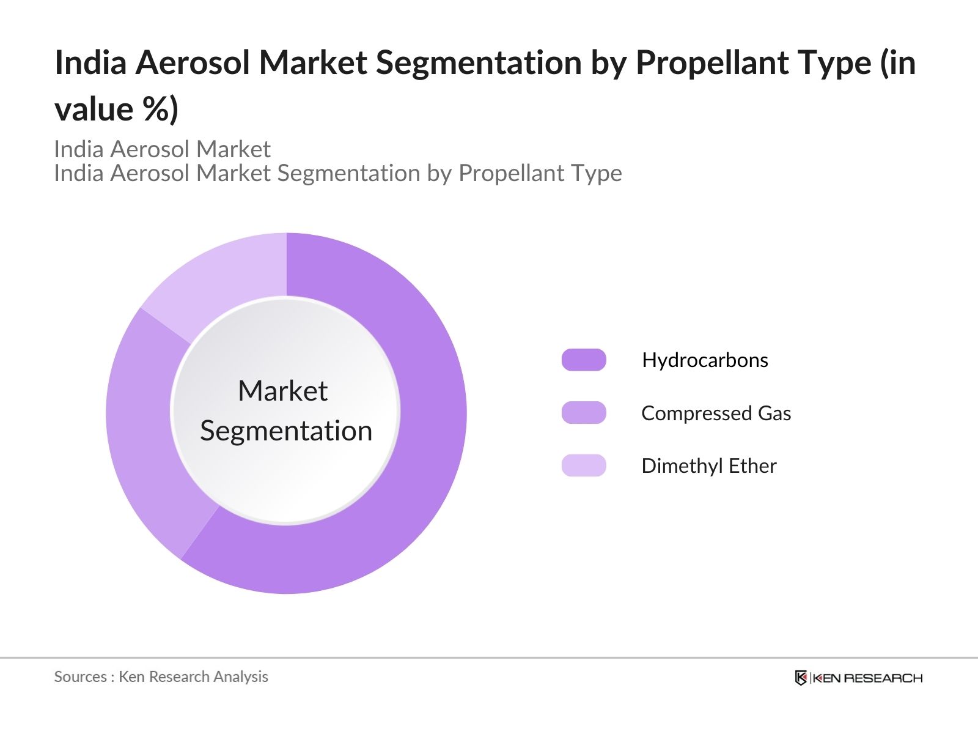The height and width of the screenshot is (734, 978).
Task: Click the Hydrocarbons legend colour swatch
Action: pyautogui.click(x=584, y=360)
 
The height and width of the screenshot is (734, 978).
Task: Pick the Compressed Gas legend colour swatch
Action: pyautogui.click(x=584, y=413)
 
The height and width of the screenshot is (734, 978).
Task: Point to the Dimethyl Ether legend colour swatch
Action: pyautogui.click(x=584, y=465)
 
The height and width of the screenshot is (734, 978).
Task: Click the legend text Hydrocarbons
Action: pyautogui.click(x=705, y=360)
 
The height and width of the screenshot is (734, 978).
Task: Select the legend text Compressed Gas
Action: pyautogui.click(x=716, y=413)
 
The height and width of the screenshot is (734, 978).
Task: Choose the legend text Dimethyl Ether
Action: pyautogui.click(x=708, y=466)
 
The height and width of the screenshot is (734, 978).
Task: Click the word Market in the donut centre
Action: pyautogui.click(x=282, y=391)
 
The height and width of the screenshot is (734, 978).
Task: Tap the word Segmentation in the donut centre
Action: pyautogui.click(x=286, y=431)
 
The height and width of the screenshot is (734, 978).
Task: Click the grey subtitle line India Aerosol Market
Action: pyautogui.click(x=162, y=149)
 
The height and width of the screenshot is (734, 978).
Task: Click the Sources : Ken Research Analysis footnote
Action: pyautogui.click(x=161, y=677)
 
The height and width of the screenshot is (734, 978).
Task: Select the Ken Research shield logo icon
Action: pyautogui.click(x=801, y=678)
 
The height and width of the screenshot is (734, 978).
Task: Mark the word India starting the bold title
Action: pyautogui.click(x=90, y=63)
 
